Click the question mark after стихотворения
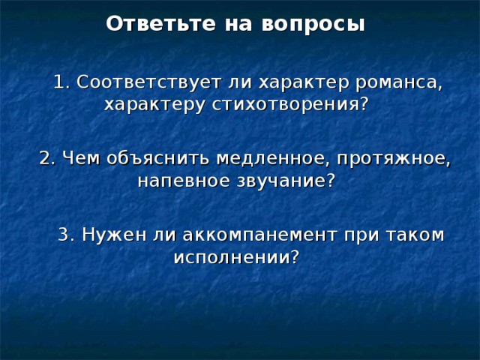point(364,103)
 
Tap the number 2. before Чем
point(47,158)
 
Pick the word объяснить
point(157,158)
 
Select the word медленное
point(271,158)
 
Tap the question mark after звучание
point(331,181)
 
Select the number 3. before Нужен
point(66,235)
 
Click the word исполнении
point(231,257)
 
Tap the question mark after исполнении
point(295,257)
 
